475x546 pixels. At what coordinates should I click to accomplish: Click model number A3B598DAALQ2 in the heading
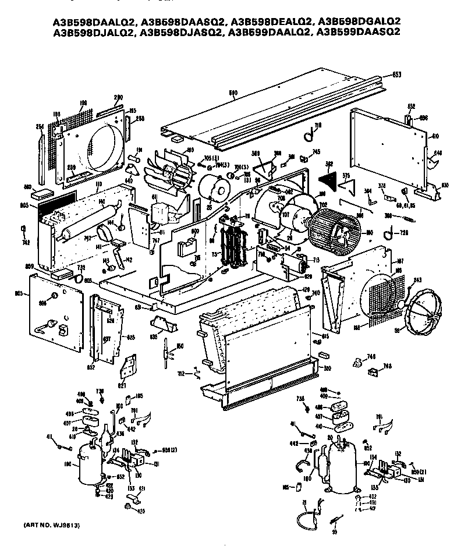pos(88,22)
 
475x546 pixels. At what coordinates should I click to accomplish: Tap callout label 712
pos(182,373)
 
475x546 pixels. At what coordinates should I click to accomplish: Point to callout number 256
pos(40,126)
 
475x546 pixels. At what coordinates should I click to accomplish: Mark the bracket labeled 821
pos(129,365)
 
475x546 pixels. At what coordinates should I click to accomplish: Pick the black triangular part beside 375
pos(330,174)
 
